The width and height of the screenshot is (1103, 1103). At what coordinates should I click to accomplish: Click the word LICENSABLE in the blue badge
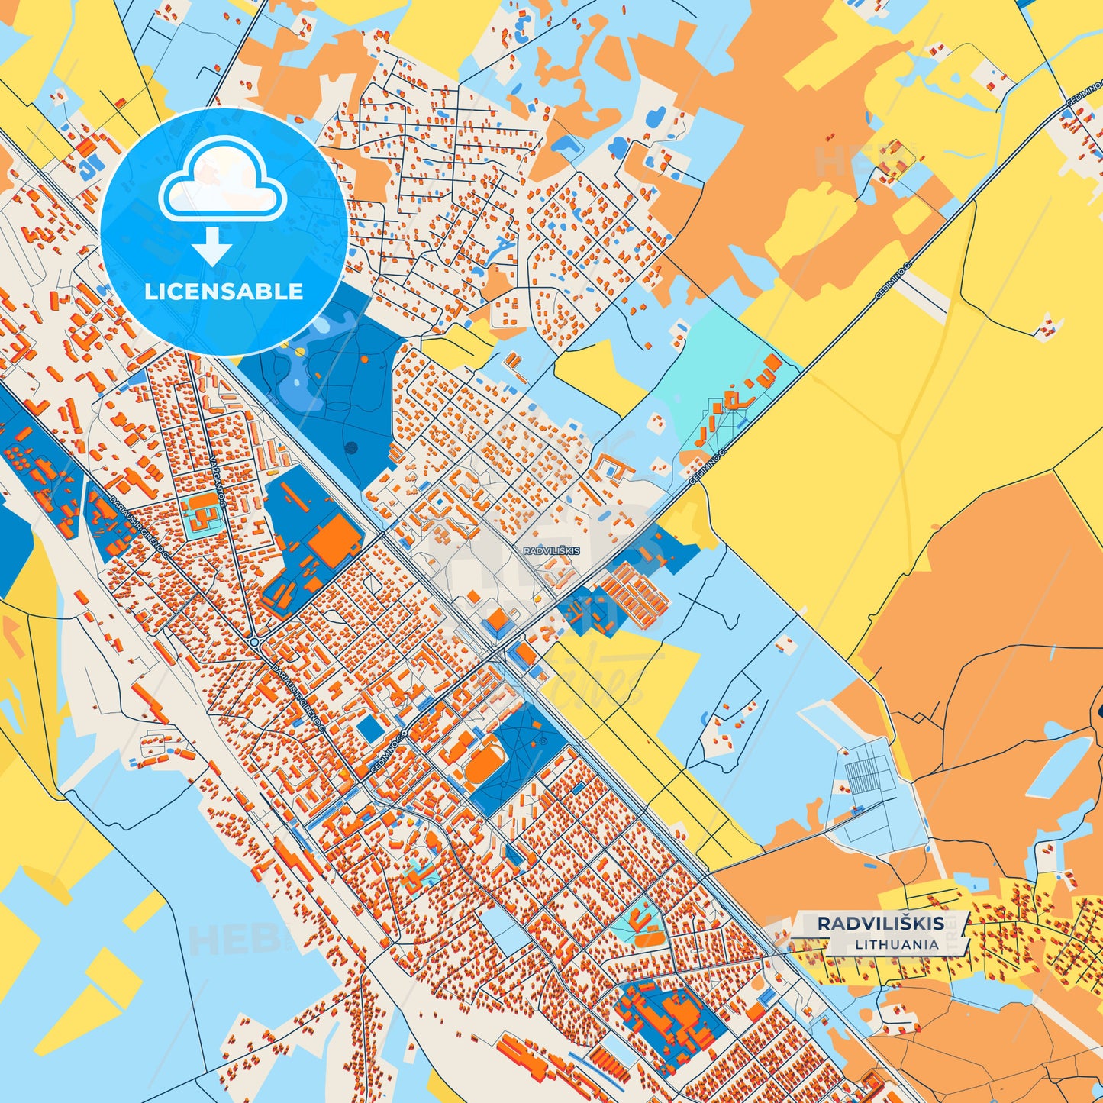pyautogui.click(x=224, y=292)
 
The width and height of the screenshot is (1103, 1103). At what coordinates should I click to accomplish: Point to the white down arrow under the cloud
pyautogui.click(x=212, y=247)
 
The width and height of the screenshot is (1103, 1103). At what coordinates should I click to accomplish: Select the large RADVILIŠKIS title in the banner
pyautogui.click(x=880, y=924)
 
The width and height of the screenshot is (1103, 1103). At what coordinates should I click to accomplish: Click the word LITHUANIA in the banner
pyautogui.click(x=896, y=944)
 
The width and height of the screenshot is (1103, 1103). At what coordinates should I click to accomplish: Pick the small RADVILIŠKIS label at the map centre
pyautogui.click(x=551, y=550)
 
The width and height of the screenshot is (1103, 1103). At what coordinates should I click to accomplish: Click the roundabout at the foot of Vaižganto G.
pyautogui.click(x=254, y=643)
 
